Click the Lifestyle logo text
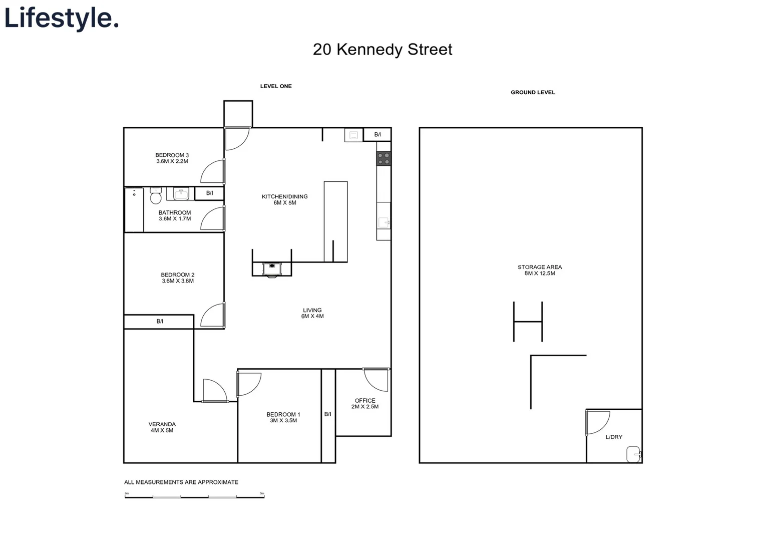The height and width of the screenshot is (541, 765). point(61,18)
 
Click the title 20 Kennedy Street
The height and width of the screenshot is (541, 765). point(382,50)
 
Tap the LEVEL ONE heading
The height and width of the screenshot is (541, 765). point(276,86)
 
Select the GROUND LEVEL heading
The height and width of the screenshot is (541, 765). point(533,92)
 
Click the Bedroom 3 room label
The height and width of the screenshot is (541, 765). point(172,155)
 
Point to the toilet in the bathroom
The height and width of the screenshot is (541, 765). point(156,196)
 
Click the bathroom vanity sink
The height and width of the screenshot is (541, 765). point(181,194)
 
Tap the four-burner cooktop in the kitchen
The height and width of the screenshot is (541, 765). point(384,159)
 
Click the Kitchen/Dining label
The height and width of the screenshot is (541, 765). point(284,196)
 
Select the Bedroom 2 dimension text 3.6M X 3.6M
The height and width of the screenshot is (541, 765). point(178,281)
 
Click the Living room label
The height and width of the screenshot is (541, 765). point(312,310)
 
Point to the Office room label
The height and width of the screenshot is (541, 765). point(365,401)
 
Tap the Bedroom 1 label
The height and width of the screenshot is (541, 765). point(283,414)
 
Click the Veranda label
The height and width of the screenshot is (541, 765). point(162,424)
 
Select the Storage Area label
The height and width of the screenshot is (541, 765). point(540,267)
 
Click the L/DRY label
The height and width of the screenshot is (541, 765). point(614,437)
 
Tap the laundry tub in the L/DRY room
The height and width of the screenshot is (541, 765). point(633,454)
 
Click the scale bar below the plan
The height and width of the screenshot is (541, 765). point(194,496)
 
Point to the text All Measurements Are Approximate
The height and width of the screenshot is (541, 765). point(181,482)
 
